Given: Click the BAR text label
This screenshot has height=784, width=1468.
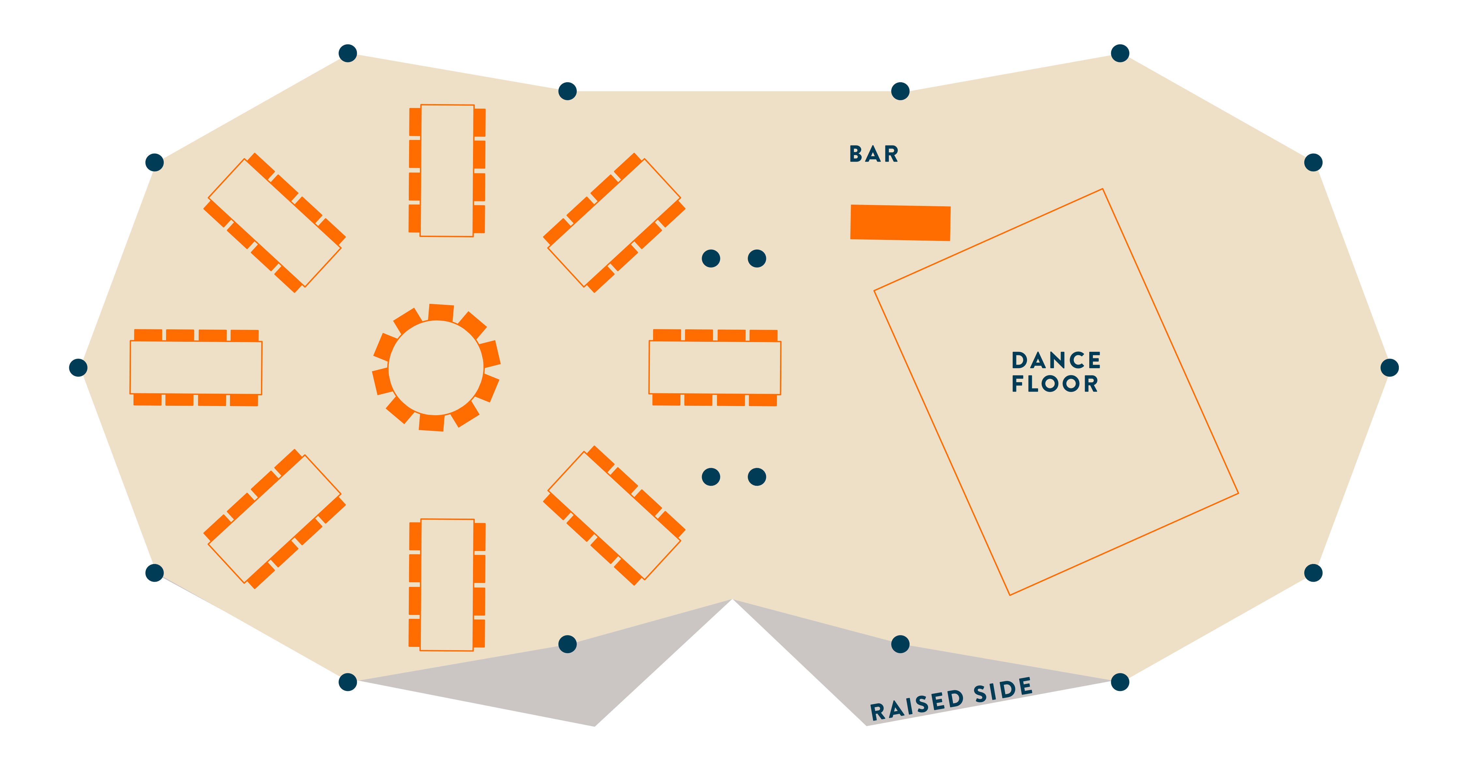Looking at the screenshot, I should (x=874, y=154).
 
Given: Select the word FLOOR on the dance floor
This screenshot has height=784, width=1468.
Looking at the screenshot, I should (x=1054, y=384).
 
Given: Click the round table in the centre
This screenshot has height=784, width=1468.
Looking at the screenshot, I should (x=436, y=368).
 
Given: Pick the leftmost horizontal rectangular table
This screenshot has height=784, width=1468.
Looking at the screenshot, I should (x=196, y=368).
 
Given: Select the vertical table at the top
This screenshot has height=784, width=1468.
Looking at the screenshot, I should (x=447, y=170).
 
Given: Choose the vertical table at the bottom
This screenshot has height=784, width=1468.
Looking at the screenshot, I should (x=447, y=585).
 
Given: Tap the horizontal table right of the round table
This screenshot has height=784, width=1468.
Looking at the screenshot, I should (x=715, y=368).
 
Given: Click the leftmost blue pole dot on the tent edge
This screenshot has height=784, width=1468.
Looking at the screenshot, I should (x=78, y=368).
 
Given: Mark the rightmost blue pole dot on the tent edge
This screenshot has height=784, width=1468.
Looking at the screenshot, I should (x=1390, y=368).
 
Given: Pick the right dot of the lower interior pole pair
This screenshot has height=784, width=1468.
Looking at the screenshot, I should (x=757, y=477).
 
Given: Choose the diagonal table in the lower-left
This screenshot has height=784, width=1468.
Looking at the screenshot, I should (x=275, y=519).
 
